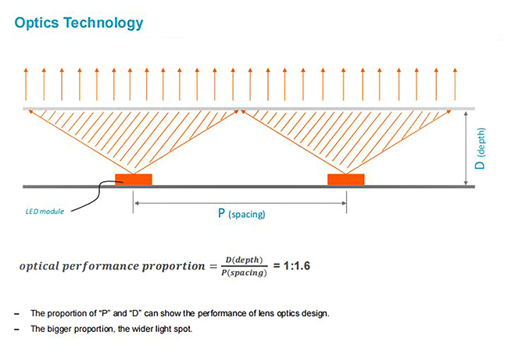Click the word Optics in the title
(x=37, y=23)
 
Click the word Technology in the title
(x=103, y=23)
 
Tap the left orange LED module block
(x=134, y=180)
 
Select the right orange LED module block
(x=346, y=180)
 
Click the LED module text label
(x=45, y=212)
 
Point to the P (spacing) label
(x=241, y=214)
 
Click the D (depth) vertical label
(x=480, y=148)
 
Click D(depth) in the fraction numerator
(x=245, y=259)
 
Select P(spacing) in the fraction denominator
(x=245, y=273)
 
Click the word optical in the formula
(x=38, y=266)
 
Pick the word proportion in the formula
(x=174, y=266)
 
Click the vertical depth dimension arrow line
(x=466, y=148)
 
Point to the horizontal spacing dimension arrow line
(x=240, y=203)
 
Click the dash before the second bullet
(x=17, y=330)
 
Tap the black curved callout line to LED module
(x=98, y=194)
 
